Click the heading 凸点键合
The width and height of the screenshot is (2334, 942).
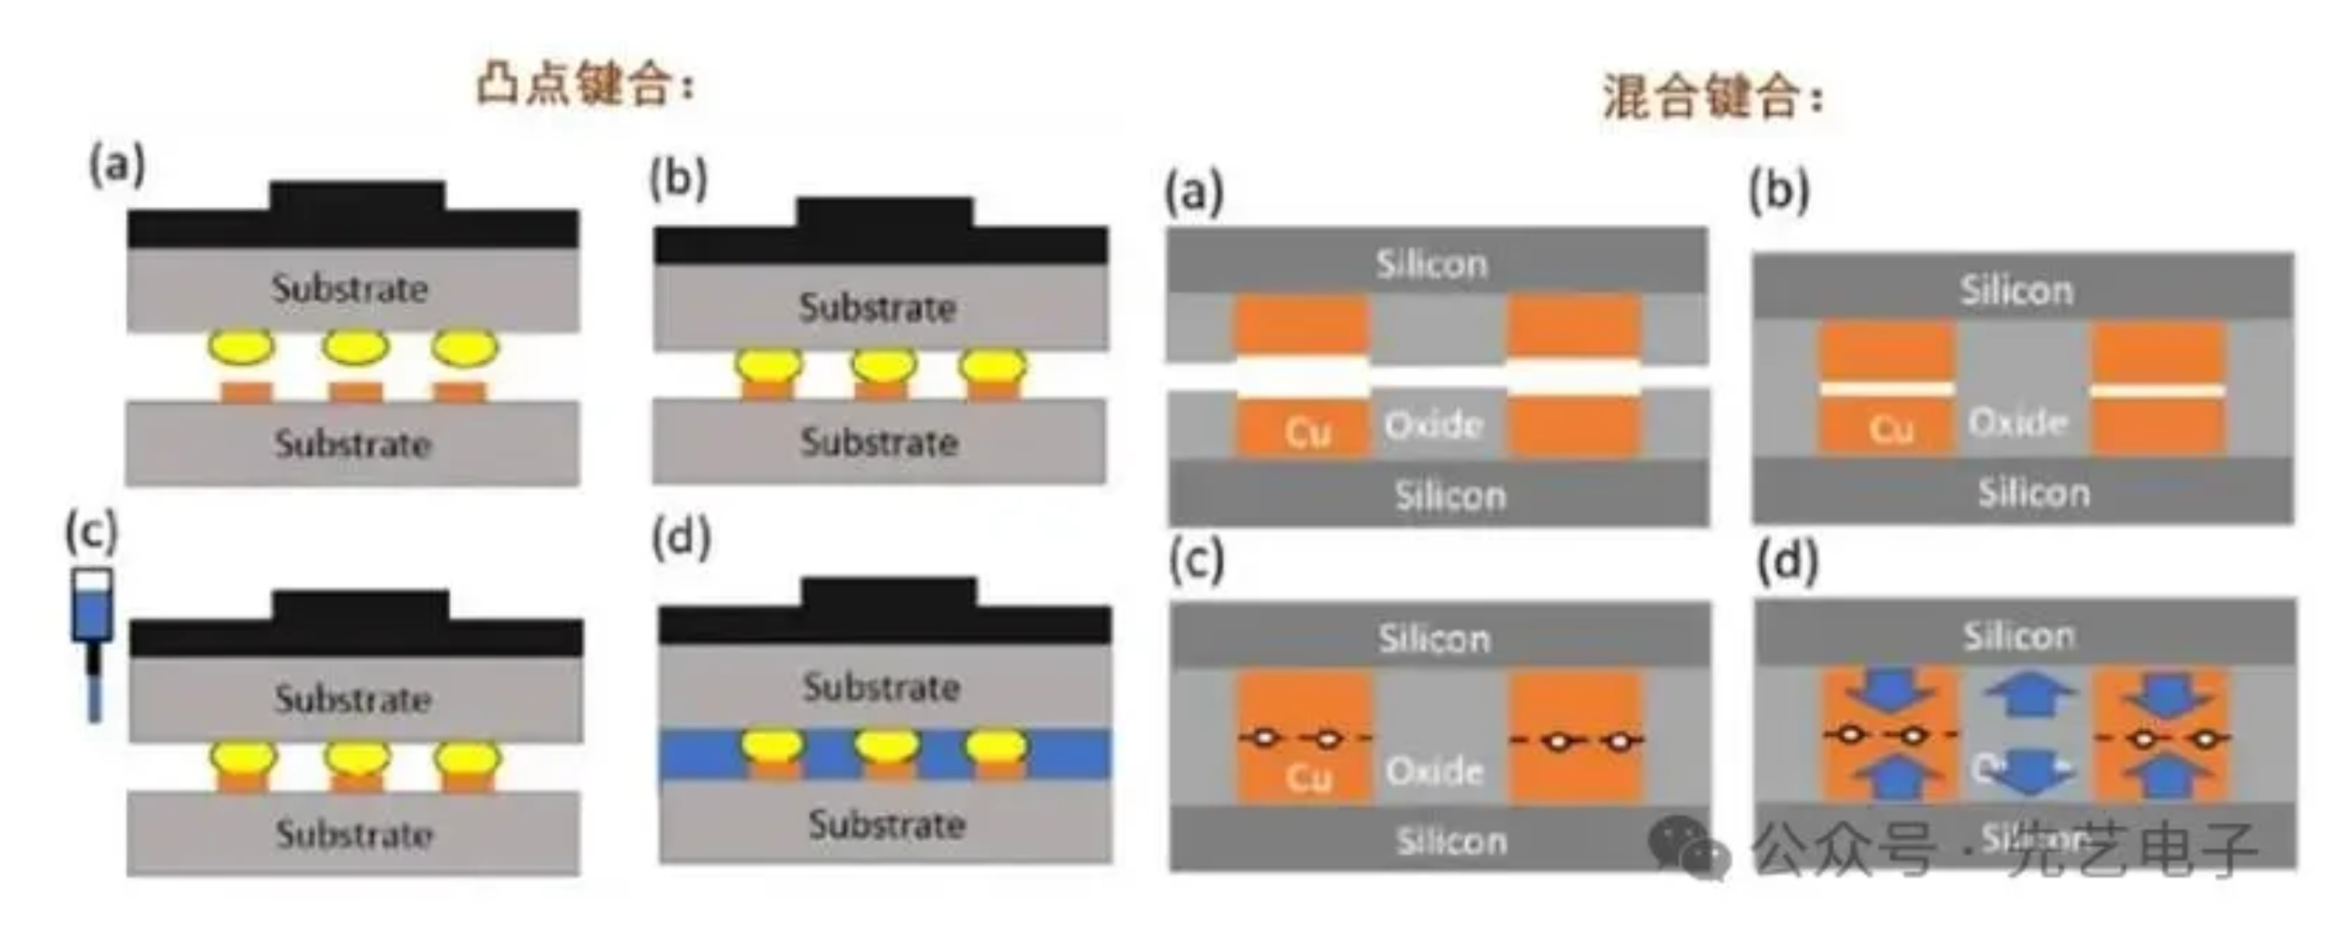pyautogui.click(x=585, y=87)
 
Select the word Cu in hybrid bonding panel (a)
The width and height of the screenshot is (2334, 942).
pyautogui.click(x=1308, y=432)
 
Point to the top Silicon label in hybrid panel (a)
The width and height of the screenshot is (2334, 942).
pyautogui.click(x=1432, y=264)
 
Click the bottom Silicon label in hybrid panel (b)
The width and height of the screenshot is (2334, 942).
pyautogui.click(x=2033, y=492)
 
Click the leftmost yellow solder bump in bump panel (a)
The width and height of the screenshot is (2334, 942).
pyautogui.click(x=241, y=346)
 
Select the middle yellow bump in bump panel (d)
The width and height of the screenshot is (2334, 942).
pyautogui.click(x=886, y=745)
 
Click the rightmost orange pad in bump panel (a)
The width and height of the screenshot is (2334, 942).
pyautogui.click(x=459, y=392)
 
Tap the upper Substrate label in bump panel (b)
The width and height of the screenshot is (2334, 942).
pyautogui.click(x=877, y=308)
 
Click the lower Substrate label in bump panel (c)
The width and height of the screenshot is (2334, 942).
pyautogui.click(x=354, y=834)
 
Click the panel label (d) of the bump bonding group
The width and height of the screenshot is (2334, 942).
pyautogui.click(x=682, y=538)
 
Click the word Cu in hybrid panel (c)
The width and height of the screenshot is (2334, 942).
pyautogui.click(x=1309, y=776)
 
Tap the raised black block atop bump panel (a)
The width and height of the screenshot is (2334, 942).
pyautogui.click(x=357, y=196)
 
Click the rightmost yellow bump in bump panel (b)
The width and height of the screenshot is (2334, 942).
pyautogui.click(x=993, y=366)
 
